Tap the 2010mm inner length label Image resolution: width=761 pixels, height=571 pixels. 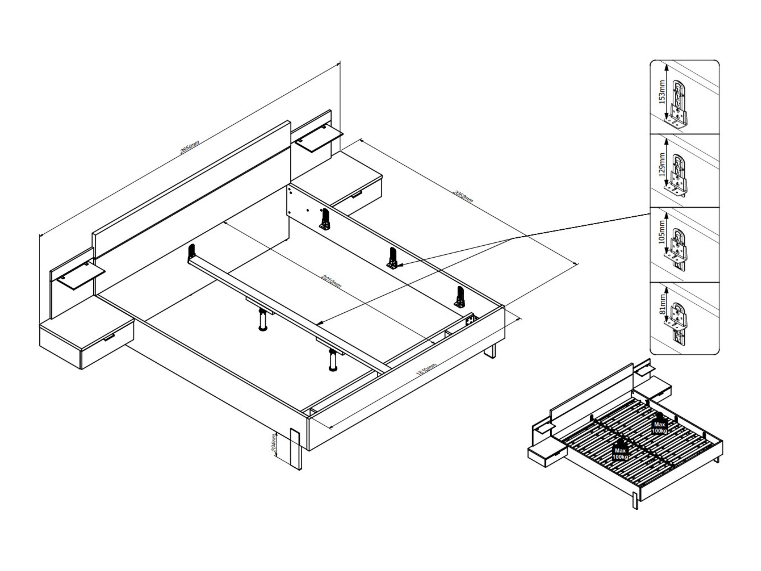tap(331, 282)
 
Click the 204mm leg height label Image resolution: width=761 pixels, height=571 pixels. tap(274, 443)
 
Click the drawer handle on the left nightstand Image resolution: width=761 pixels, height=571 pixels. tap(109, 338)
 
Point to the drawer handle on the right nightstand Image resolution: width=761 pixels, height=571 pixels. tap(357, 195)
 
